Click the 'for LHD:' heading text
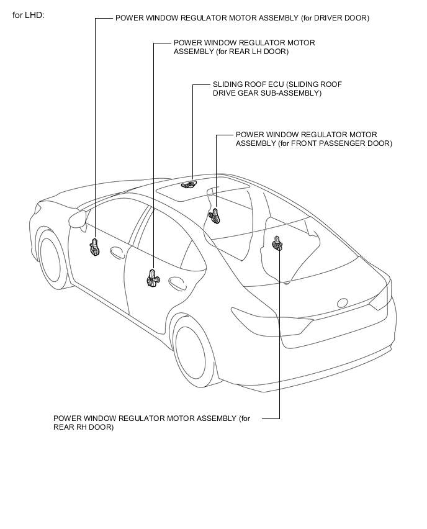(29, 15)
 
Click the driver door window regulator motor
(95, 246)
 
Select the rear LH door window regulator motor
(153, 278)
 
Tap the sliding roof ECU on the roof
(189, 184)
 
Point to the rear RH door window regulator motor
(277, 243)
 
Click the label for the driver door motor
(242, 18)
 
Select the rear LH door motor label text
(244, 47)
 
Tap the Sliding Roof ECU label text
(277, 89)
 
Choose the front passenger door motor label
(313, 139)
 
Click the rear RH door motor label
(152, 423)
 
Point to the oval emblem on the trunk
(343, 302)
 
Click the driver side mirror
(77, 219)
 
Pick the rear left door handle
(177, 283)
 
